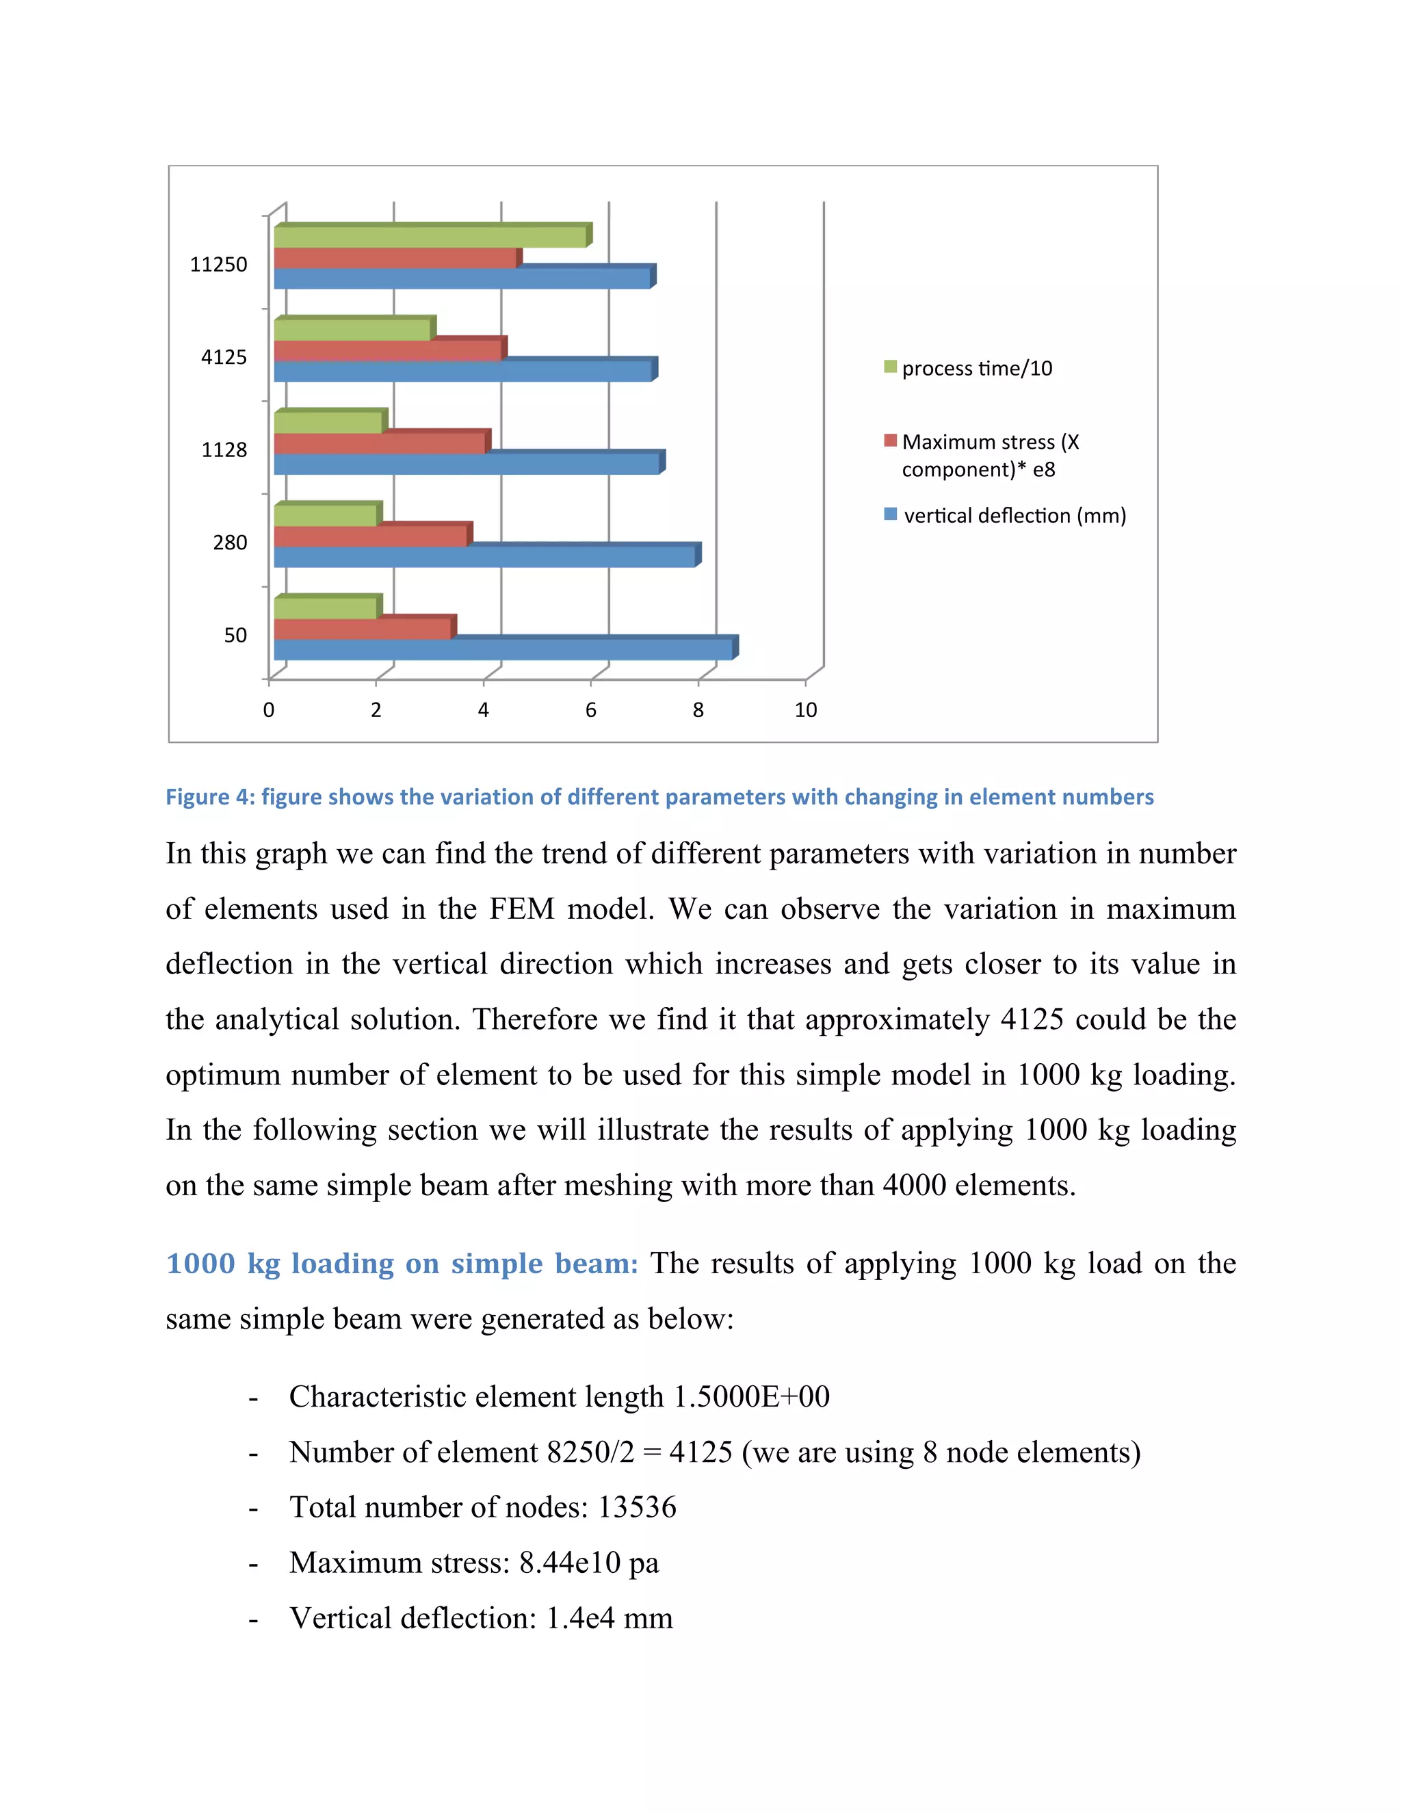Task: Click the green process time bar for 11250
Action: point(430,237)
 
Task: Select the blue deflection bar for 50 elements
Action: point(502,649)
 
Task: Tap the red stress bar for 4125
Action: point(388,351)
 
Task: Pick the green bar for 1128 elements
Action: point(328,423)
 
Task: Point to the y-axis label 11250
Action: point(218,265)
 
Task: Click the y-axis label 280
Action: point(230,543)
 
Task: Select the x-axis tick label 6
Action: point(591,709)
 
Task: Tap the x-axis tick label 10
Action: point(805,709)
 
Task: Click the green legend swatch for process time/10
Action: point(891,367)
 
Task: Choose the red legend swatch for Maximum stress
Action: point(891,441)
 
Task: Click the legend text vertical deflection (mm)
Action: point(1014,516)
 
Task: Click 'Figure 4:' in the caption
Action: point(210,797)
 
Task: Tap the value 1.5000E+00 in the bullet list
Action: point(751,1397)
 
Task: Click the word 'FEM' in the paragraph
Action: point(521,909)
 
